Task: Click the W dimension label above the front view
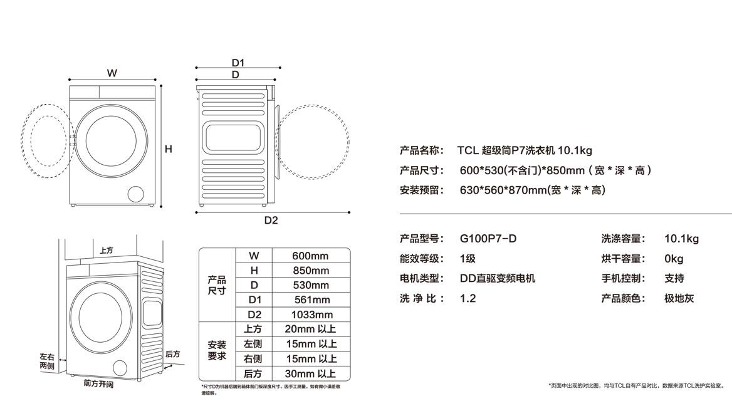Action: [112, 73]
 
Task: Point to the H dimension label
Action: [169, 149]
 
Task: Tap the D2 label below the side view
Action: [271, 221]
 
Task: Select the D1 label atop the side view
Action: [238, 63]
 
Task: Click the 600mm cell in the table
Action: [310, 256]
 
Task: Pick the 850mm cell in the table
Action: [310, 270]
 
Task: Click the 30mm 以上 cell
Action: [310, 373]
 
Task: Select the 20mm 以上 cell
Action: [310, 329]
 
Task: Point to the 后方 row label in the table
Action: [253, 373]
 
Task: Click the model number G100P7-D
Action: [488, 239]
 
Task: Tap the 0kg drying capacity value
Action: [674, 259]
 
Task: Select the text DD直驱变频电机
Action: [498, 279]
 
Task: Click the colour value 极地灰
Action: [679, 299]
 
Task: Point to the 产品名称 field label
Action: [422, 150]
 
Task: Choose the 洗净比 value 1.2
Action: [468, 299]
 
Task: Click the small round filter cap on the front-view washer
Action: [135, 193]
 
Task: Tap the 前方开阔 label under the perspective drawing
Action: [98, 383]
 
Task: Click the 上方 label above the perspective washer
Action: [107, 250]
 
